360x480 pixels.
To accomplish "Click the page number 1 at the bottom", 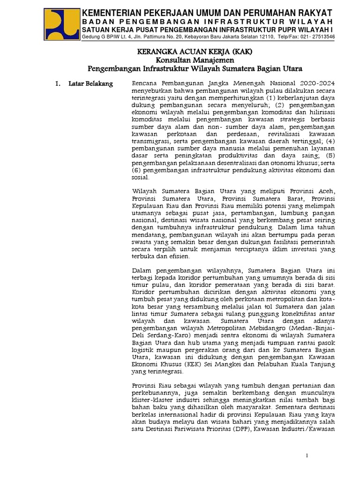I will (x=307, y=456).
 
